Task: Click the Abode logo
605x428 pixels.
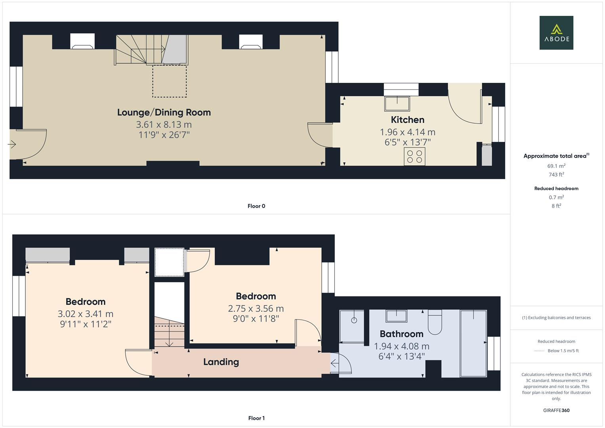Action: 556,33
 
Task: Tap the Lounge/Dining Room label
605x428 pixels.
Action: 164,113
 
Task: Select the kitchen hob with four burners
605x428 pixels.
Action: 414,157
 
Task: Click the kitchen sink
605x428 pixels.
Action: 397,103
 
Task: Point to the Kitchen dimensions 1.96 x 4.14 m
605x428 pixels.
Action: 407,132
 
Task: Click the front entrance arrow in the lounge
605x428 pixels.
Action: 12,145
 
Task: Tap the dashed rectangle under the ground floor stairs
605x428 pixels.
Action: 170,81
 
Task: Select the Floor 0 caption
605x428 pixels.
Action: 256,206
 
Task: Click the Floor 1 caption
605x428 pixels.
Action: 256,418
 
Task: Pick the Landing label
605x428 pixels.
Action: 221,362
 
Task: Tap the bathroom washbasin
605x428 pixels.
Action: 397,316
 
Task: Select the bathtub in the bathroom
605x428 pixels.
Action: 473,343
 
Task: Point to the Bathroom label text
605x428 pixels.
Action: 401,334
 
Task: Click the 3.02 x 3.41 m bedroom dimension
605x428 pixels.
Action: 85,314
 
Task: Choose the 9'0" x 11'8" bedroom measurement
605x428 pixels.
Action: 256,318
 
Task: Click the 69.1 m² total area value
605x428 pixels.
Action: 556,166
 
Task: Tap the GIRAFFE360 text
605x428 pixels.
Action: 556,410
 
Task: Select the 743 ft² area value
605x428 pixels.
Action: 556,174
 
